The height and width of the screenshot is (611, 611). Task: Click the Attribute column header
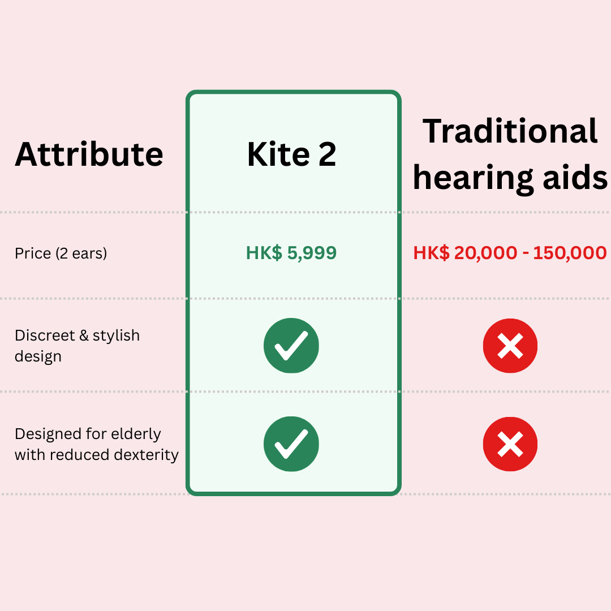pos(89,154)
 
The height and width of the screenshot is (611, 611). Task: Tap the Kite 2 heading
pos(291,154)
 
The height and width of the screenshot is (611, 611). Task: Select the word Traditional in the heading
pos(510,131)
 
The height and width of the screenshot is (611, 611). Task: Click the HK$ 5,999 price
pos(291,253)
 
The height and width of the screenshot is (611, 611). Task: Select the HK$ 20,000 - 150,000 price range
pos(510,253)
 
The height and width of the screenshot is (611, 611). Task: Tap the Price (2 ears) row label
pos(61,253)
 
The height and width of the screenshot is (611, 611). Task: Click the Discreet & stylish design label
pos(77,346)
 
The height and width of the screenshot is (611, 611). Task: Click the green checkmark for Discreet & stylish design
pos(291,346)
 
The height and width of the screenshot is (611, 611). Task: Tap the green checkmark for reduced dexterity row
pos(291,444)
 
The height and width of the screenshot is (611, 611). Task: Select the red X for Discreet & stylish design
pos(510,346)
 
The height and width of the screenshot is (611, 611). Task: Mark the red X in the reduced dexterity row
pos(510,444)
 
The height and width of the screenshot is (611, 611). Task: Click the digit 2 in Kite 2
pos(327,154)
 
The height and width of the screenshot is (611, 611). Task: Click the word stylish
pos(116,335)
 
